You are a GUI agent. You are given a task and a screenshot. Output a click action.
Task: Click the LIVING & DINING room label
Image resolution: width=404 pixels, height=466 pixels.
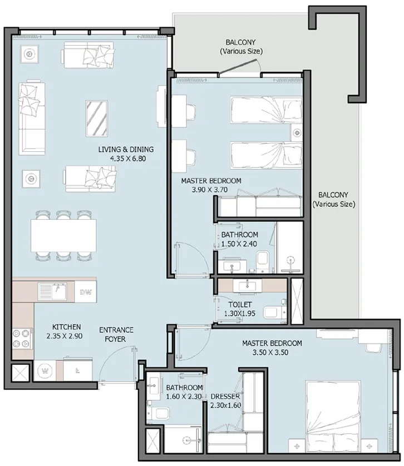(125, 149)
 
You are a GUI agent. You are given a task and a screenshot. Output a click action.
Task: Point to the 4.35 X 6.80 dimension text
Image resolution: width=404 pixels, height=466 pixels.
(125, 158)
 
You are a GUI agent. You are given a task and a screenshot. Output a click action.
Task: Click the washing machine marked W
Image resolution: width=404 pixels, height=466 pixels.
(45, 370)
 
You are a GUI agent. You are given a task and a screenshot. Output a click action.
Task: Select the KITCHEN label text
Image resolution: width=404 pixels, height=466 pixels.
(67, 326)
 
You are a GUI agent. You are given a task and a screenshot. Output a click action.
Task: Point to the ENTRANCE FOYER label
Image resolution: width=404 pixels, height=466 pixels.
(116, 334)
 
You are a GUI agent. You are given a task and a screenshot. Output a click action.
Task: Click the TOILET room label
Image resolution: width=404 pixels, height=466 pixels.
(240, 305)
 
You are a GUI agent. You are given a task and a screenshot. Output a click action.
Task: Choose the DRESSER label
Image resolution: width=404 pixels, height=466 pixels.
(225, 396)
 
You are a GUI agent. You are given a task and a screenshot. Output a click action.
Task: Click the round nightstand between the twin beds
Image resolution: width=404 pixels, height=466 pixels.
(297, 132)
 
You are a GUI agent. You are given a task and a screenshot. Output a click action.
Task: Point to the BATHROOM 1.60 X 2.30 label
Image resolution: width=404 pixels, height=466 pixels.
(184, 392)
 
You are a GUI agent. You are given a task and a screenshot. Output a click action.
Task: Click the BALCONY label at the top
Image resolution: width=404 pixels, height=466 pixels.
(241, 47)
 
